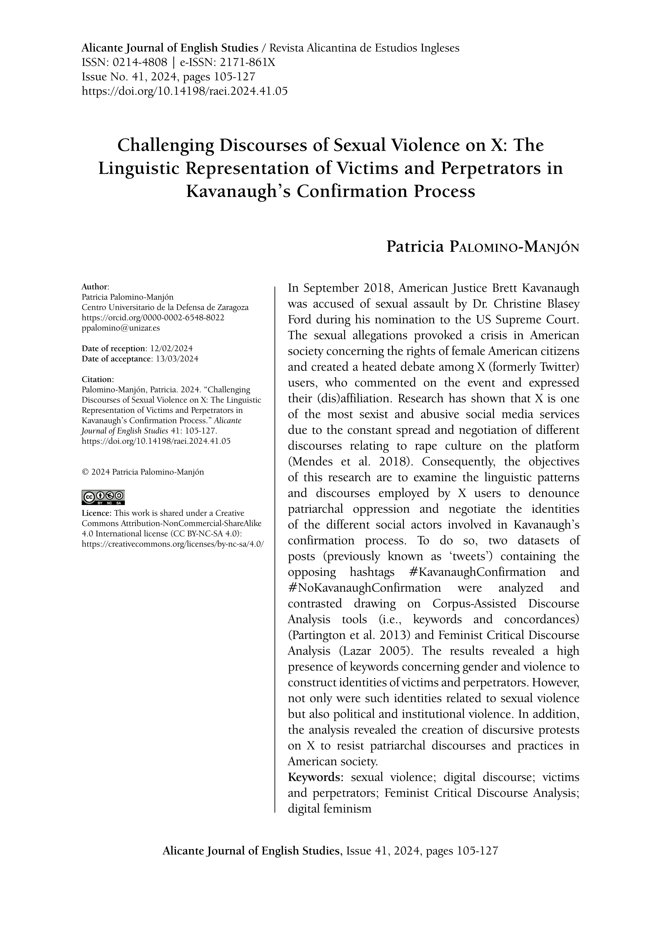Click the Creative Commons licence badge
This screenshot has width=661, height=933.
103,497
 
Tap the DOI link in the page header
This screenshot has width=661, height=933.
184,91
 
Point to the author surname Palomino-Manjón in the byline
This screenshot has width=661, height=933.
514,247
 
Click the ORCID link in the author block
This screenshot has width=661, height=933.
153,317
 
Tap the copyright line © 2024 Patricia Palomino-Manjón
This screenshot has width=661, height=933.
143,472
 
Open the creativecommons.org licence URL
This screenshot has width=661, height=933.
173,544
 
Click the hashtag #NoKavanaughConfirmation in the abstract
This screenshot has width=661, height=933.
364,588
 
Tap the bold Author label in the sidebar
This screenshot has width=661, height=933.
95,286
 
